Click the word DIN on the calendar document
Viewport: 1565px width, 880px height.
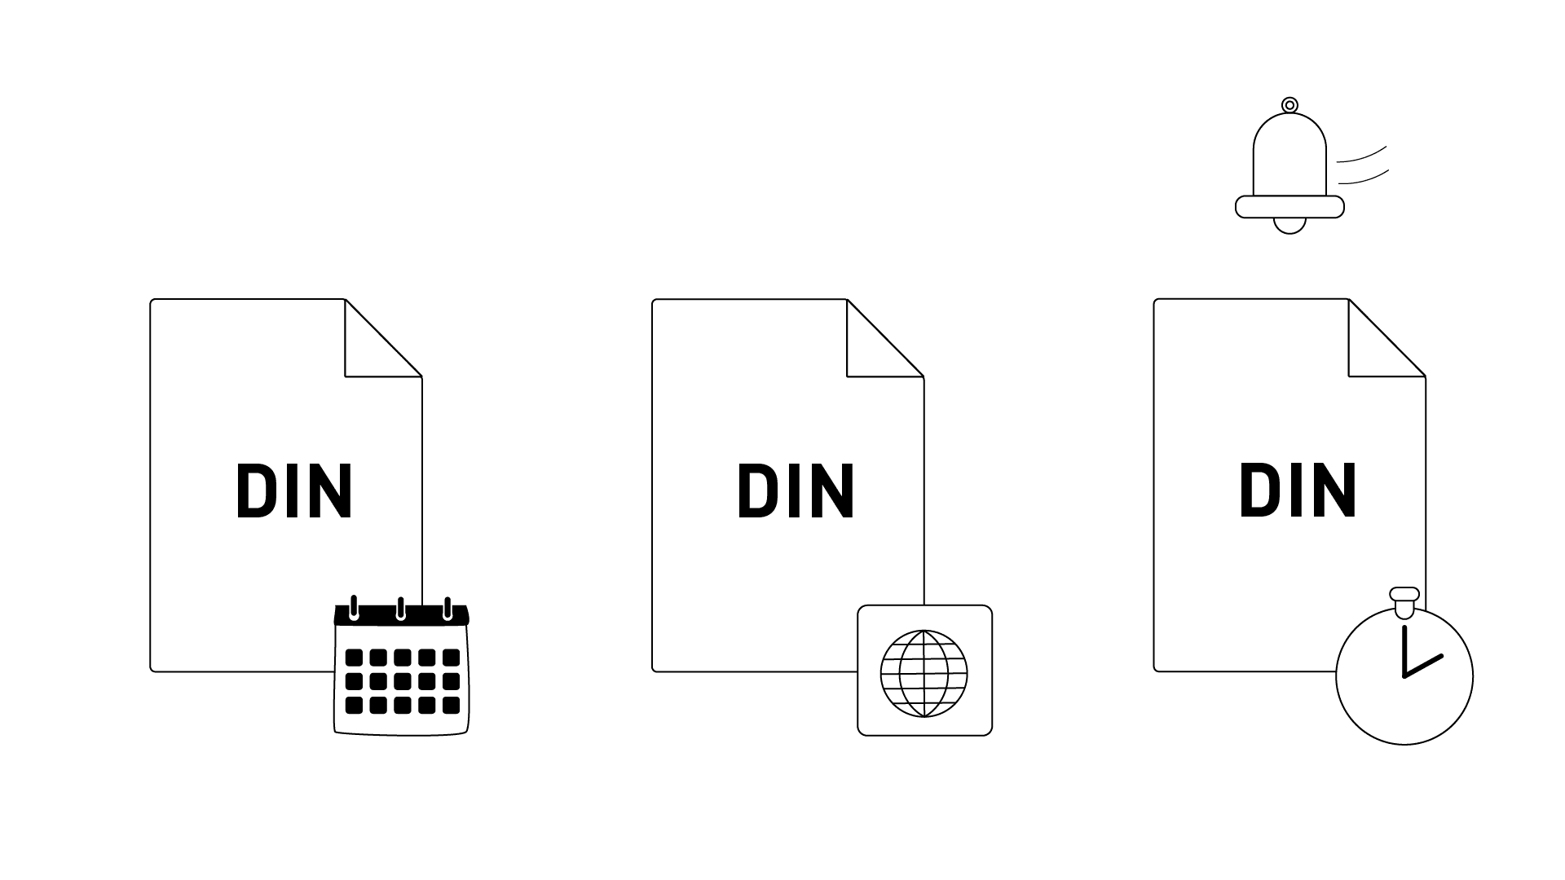294,491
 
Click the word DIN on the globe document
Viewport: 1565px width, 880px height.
796,491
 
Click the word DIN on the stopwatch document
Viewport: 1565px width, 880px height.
1298,491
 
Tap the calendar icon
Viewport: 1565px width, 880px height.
402,666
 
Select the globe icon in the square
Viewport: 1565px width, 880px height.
924,673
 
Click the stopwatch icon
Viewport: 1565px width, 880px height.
1404,666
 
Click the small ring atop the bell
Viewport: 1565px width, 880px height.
1289,105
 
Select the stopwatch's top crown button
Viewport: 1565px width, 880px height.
1404,601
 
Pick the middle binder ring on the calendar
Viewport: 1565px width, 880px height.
400,608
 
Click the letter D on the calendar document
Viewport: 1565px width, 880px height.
257,491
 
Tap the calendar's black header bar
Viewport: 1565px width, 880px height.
402,615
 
